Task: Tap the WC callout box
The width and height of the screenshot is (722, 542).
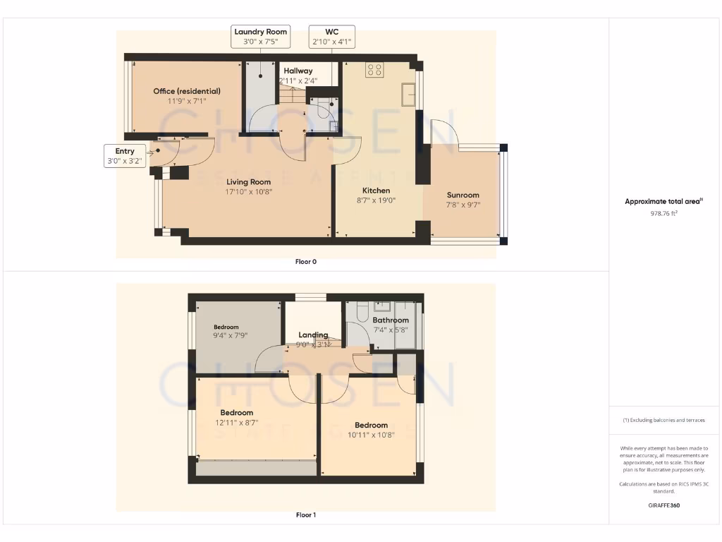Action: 331,37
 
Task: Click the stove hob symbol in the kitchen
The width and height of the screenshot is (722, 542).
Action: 374,70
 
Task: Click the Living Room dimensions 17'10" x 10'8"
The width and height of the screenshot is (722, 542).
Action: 249,191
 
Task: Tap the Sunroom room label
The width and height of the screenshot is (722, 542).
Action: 463,195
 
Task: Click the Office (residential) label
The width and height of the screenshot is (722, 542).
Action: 187,91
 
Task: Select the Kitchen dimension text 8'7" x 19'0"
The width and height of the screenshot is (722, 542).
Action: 376,200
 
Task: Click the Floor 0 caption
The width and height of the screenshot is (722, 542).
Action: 306,262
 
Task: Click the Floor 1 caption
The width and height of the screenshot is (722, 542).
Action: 306,515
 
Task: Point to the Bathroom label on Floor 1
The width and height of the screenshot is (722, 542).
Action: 391,320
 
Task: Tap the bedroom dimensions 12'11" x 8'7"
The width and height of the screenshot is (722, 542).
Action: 236,423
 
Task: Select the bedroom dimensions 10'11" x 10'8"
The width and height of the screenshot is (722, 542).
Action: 371,435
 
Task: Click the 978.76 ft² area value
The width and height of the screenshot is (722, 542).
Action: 663,213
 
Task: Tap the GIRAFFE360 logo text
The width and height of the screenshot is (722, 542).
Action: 663,505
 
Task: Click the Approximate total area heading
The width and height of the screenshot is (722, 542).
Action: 663,202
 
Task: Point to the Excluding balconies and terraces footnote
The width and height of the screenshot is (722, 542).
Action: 663,420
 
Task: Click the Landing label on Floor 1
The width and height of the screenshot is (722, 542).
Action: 313,335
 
